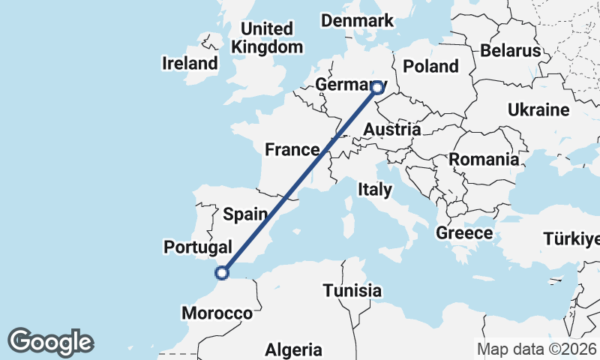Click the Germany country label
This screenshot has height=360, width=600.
point(346,84)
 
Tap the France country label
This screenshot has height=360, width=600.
point(292,149)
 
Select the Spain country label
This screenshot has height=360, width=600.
point(245,214)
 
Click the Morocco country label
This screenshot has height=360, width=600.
point(217,313)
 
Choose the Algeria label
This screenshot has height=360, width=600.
point(294,349)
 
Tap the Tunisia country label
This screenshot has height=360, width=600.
point(352,290)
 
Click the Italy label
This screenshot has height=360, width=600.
point(374,189)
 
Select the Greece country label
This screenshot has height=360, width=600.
point(464,232)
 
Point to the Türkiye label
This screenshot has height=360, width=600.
point(571,239)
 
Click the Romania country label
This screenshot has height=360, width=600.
point(484,159)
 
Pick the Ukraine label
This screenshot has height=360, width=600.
point(538,109)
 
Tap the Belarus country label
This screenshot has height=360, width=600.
point(511,50)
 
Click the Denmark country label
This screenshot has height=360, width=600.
point(357,20)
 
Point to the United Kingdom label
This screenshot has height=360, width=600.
point(268,37)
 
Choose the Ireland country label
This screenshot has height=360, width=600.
point(189,64)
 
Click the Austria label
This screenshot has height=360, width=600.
point(391,130)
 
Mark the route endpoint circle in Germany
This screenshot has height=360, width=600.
point(377,88)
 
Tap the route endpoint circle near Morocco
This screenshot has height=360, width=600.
point(221,273)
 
